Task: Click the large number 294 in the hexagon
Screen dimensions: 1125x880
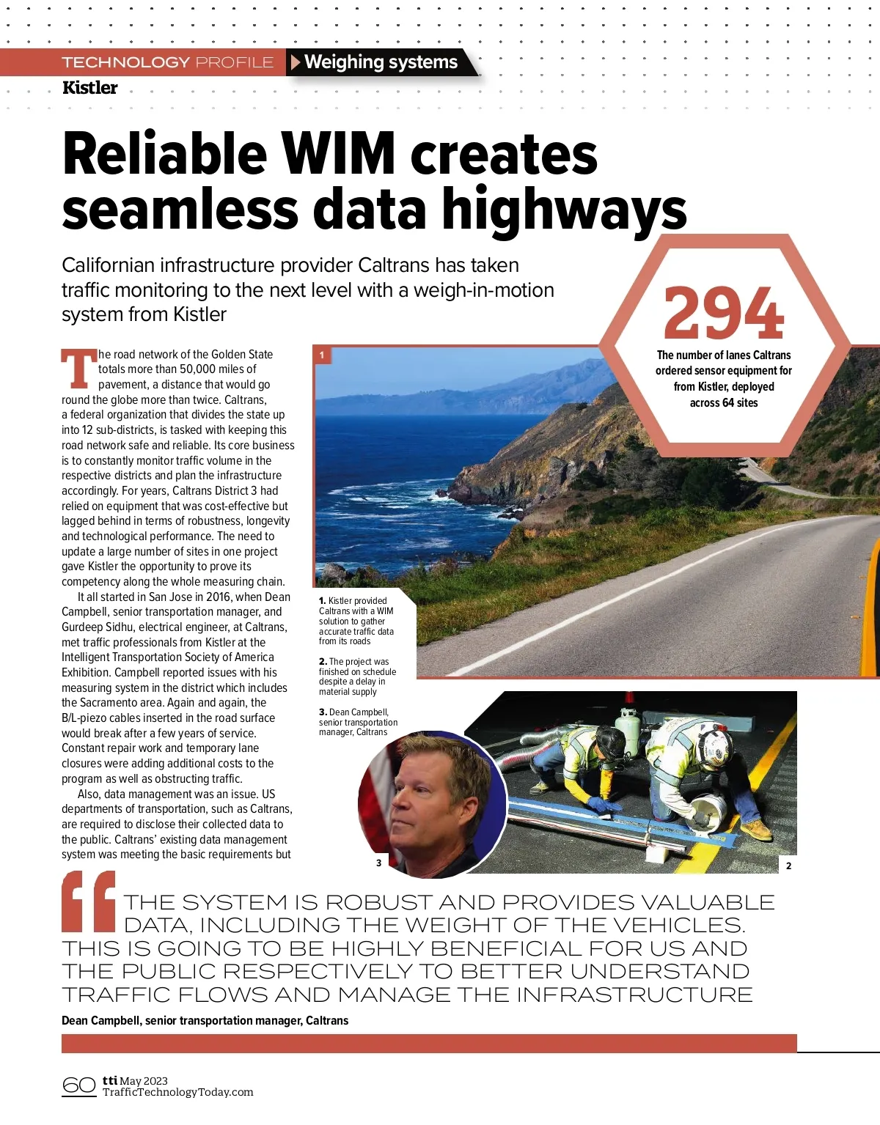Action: pyautogui.click(x=724, y=312)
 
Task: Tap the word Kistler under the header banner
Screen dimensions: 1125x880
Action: pyautogui.click(x=89, y=88)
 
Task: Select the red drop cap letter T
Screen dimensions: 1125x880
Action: pyautogui.click(x=78, y=369)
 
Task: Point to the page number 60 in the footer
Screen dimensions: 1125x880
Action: pyautogui.click(x=78, y=1085)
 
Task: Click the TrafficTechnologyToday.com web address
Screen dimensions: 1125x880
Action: pyautogui.click(x=178, y=1092)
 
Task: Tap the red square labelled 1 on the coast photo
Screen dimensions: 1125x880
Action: pyautogui.click(x=322, y=355)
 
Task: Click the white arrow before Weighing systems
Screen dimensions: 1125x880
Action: pyautogui.click(x=296, y=62)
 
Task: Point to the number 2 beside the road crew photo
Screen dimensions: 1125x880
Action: pyautogui.click(x=788, y=866)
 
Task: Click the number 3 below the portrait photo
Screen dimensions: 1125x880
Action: pyautogui.click(x=378, y=863)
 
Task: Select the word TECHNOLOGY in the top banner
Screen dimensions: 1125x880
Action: pyautogui.click(x=125, y=62)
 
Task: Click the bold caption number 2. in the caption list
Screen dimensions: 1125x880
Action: pyautogui.click(x=323, y=661)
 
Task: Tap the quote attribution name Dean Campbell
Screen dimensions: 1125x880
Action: pyautogui.click(x=101, y=1020)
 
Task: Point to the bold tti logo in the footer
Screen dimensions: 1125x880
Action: pyautogui.click(x=110, y=1080)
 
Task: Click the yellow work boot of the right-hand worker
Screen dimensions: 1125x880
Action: pyautogui.click(x=758, y=830)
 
